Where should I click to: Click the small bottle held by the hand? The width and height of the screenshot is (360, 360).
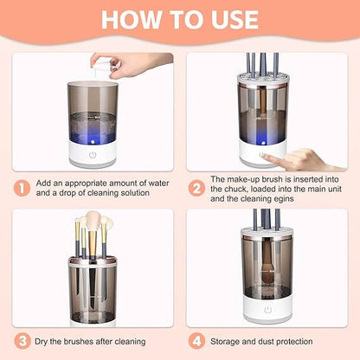point(104,67)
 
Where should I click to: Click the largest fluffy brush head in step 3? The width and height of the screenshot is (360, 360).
point(93,222)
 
